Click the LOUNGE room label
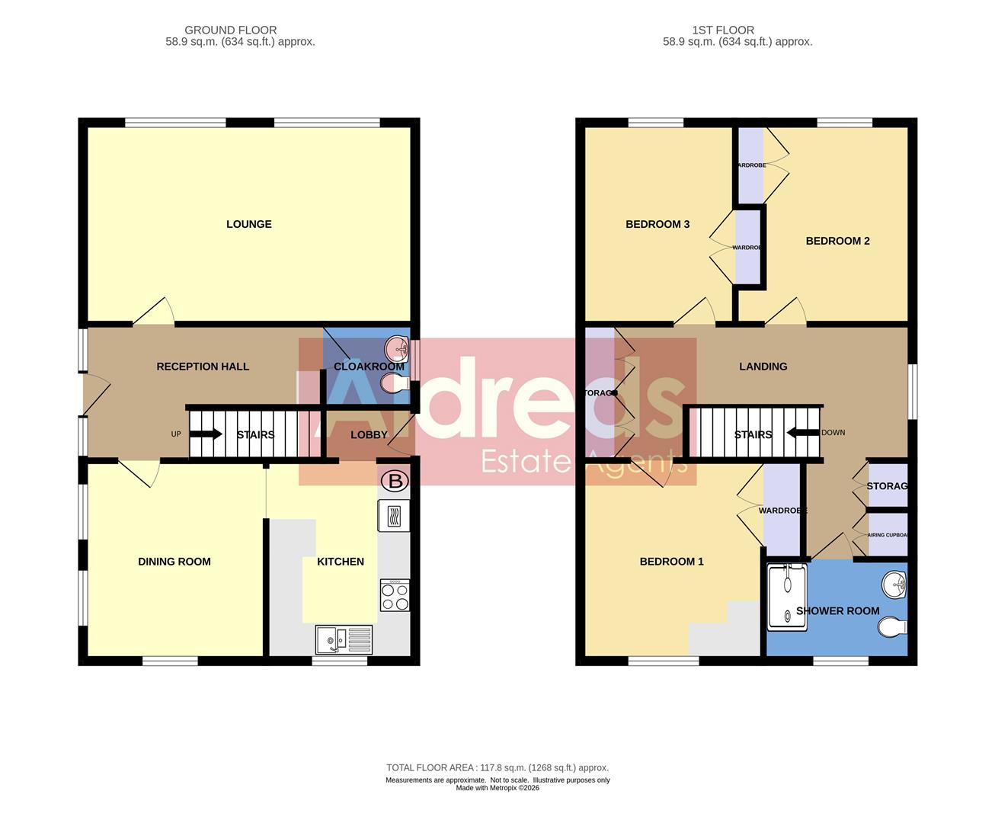249,224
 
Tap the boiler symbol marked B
394,481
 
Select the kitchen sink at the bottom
344,639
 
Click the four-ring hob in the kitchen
395,595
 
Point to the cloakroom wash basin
398,349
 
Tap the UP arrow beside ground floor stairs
205,434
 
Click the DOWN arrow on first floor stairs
803,433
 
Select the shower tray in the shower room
787,597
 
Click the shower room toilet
891,627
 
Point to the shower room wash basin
894,585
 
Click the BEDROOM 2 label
837,241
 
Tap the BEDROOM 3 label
657,224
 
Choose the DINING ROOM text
174,562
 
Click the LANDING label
763,367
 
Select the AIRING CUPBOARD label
888,535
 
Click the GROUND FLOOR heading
231,30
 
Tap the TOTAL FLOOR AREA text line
497,767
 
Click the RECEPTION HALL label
203,367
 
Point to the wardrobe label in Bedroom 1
782,511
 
